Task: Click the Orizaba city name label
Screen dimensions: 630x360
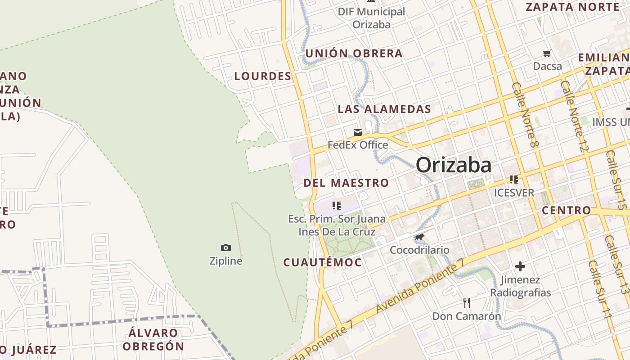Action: [x=454, y=165]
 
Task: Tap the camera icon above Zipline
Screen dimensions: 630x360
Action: [x=226, y=247]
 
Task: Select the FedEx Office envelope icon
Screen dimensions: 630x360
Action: [x=358, y=132]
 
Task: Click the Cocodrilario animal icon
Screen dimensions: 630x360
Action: [x=419, y=237]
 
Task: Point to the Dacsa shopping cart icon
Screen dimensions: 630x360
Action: [x=547, y=54]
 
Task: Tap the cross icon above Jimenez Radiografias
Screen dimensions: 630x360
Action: [x=520, y=266]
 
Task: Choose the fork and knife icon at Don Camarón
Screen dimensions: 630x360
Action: [x=467, y=302]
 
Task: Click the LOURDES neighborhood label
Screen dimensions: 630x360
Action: [x=263, y=76]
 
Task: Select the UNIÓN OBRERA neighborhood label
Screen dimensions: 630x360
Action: [x=354, y=54]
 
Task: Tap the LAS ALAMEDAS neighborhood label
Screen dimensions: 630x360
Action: [x=384, y=109]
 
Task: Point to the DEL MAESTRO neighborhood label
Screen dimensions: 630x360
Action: [x=346, y=183]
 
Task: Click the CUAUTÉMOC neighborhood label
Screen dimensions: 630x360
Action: [x=322, y=262]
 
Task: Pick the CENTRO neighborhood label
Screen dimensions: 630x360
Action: [x=566, y=210]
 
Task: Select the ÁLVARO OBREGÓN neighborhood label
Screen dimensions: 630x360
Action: [x=153, y=340]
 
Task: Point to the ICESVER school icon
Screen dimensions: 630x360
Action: [x=514, y=180]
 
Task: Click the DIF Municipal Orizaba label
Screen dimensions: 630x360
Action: [x=371, y=18]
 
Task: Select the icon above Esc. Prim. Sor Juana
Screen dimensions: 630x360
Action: [x=336, y=206]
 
